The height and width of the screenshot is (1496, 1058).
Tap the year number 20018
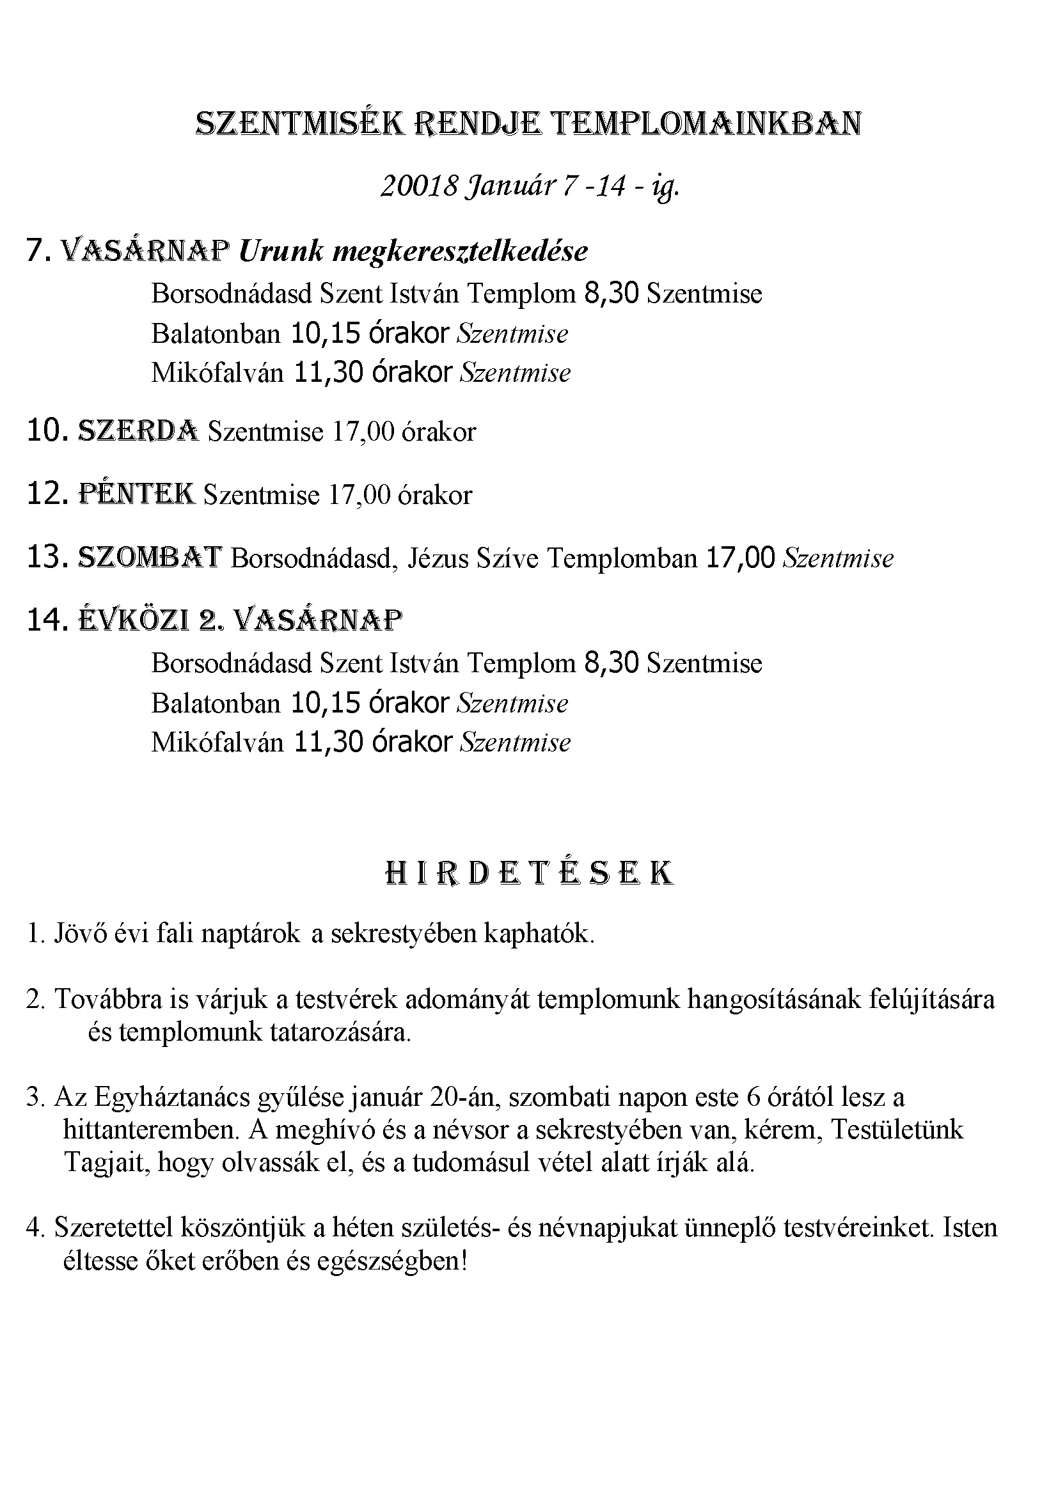click(418, 187)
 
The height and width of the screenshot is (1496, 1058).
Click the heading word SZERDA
click(138, 430)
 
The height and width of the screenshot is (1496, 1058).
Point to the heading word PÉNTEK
click(136, 494)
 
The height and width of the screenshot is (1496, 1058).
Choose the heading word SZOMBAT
click(150, 558)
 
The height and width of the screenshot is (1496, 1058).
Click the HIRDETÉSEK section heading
click(529, 874)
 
